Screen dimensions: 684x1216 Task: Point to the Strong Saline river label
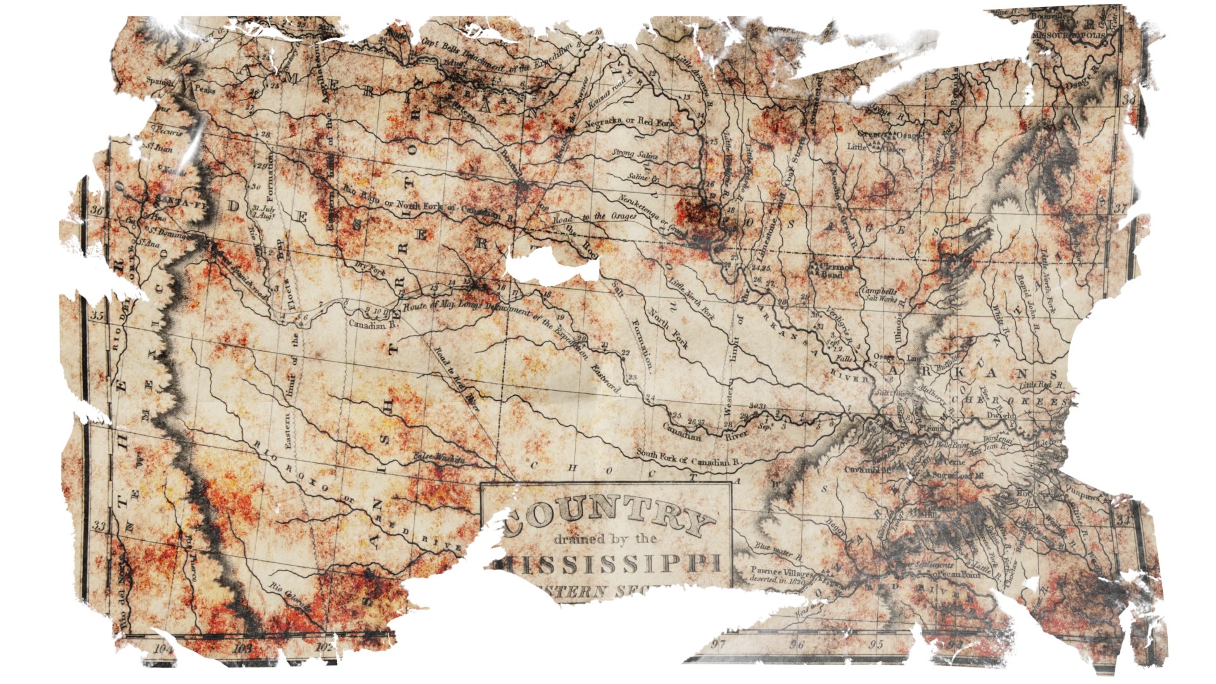(635, 155)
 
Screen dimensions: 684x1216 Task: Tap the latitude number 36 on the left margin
(96, 211)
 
